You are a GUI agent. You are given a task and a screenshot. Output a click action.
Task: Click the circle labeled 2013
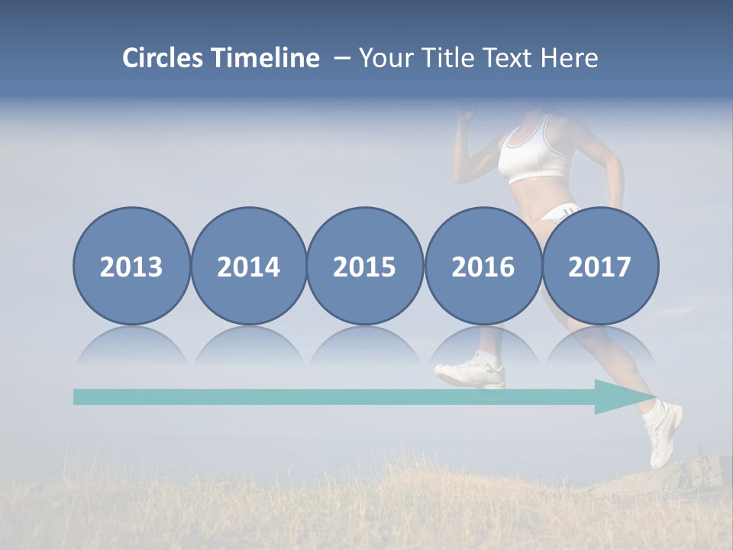click(131, 266)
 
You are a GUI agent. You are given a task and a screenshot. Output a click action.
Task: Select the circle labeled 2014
click(248, 266)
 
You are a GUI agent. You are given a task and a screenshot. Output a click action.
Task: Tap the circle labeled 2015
click(365, 266)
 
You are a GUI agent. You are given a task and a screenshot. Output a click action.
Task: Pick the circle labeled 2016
click(483, 266)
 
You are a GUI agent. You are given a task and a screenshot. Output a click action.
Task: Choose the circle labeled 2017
click(600, 266)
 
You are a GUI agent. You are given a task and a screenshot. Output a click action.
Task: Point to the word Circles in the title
click(163, 58)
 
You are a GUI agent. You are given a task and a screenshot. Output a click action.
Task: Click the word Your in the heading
click(386, 58)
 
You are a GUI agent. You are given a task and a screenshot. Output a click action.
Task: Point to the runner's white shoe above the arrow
click(472, 372)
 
